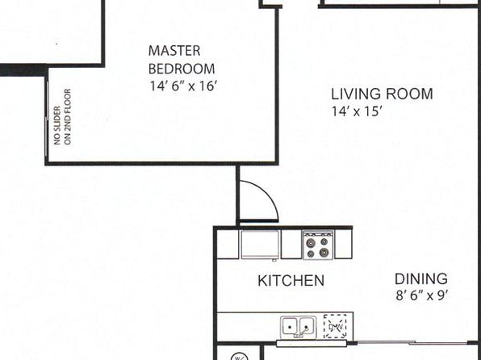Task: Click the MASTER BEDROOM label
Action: (182, 60)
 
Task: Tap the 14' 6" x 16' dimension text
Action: (183, 86)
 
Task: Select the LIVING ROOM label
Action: (382, 94)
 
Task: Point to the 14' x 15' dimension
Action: (356, 111)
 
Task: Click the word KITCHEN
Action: (291, 281)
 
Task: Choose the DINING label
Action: (421, 279)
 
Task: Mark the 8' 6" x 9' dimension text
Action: (422, 295)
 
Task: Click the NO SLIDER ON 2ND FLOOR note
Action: (63, 116)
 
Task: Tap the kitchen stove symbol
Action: (318, 245)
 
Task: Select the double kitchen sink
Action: (298, 327)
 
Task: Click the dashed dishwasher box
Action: (335, 326)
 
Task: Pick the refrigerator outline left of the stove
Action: (260, 245)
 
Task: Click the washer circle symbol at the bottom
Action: (239, 357)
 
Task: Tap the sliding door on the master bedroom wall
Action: (47, 118)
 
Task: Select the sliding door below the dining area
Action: (412, 342)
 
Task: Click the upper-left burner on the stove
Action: (311, 243)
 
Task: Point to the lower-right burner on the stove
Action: (324, 253)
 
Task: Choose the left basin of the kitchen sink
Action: (289, 327)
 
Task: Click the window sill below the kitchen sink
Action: (312, 343)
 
